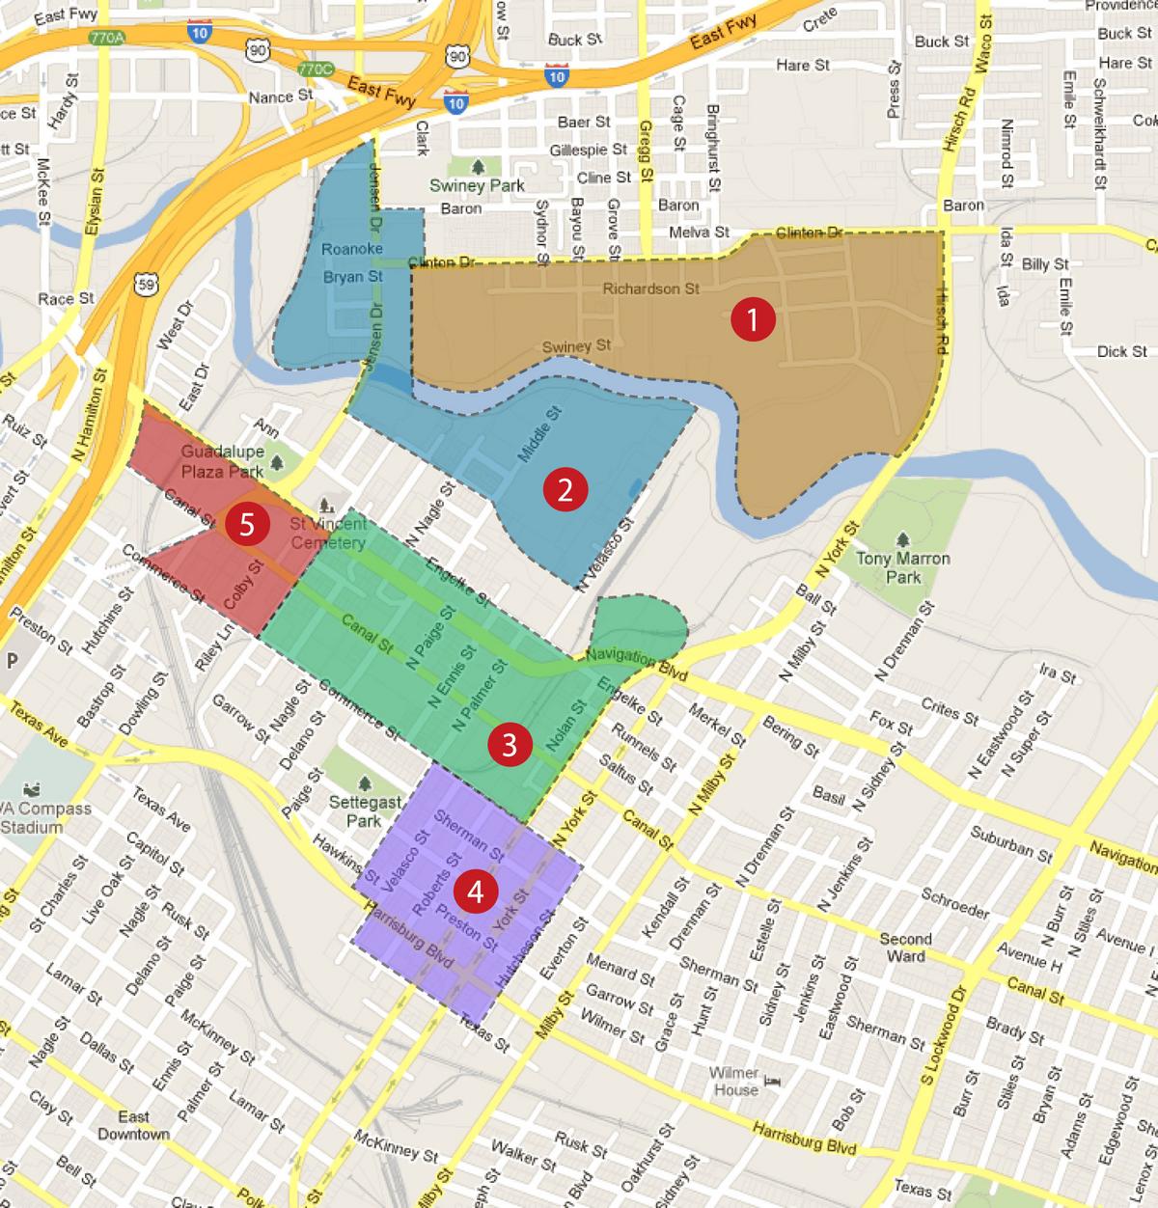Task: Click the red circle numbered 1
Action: click(753, 320)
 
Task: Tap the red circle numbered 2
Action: click(564, 490)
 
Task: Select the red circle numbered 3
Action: click(509, 744)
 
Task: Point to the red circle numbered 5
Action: click(247, 526)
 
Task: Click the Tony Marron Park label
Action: click(902, 567)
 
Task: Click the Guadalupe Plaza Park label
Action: click(222, 461)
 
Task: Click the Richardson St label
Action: click(650, 288)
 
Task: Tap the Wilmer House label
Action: click(735, 1081)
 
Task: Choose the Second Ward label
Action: click(905, 947)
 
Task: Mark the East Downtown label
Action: click(133, 1125)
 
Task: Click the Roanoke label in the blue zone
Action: click(351, 249)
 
